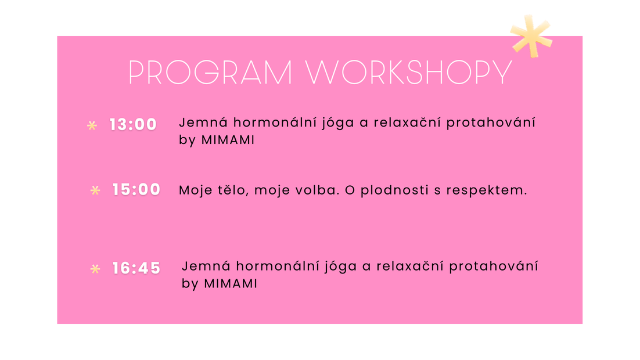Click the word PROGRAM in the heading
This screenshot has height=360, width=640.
(210, 73)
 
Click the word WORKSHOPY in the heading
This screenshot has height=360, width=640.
(409, 73)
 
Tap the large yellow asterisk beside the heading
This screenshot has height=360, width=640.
(531, 37)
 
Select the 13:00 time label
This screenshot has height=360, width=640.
(133, 124)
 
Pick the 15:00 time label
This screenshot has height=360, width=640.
(136, 189)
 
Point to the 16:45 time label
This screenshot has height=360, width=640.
(136, 268)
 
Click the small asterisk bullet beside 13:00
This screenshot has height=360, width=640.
(92, 125)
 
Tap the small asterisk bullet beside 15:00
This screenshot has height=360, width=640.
(95, 190)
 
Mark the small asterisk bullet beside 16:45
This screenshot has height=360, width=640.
(95, 269)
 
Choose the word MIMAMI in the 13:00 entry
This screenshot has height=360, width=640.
(228, 140)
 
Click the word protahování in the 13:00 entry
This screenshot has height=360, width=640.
(491, 122)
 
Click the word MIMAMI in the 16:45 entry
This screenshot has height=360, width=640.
(231, 284)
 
